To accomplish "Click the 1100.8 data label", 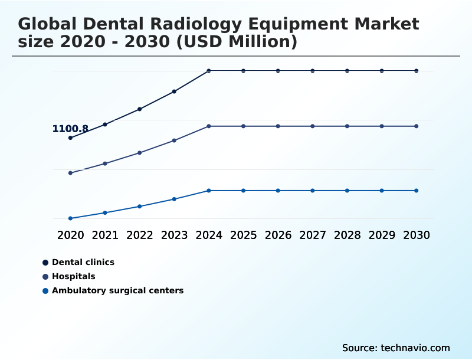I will (x=70, y=129).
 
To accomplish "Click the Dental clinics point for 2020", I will (x=70, y=138).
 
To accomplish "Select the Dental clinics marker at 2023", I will (x=174, y=91).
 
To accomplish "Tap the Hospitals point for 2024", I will (x=209, y=126).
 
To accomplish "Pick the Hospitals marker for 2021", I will (x=105, y=163).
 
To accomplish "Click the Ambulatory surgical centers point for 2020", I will (x=70, y=218).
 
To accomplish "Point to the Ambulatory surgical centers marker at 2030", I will (x=417, y=191).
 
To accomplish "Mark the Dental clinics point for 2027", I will (x=313, y=71).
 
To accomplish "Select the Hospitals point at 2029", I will (x=382, y=126).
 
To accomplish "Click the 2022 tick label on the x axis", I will (x=140, y=235).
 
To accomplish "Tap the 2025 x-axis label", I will (x=244, y=235).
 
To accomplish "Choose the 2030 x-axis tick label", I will (x=417, y=235).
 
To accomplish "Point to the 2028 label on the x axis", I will (x=348, y=235).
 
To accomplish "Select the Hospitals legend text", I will (x=73, y=276).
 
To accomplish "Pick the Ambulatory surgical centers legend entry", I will (x=117, y=290).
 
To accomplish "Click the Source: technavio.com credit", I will (x=396, y=348).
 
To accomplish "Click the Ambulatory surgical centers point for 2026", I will (x=278, y=191).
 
